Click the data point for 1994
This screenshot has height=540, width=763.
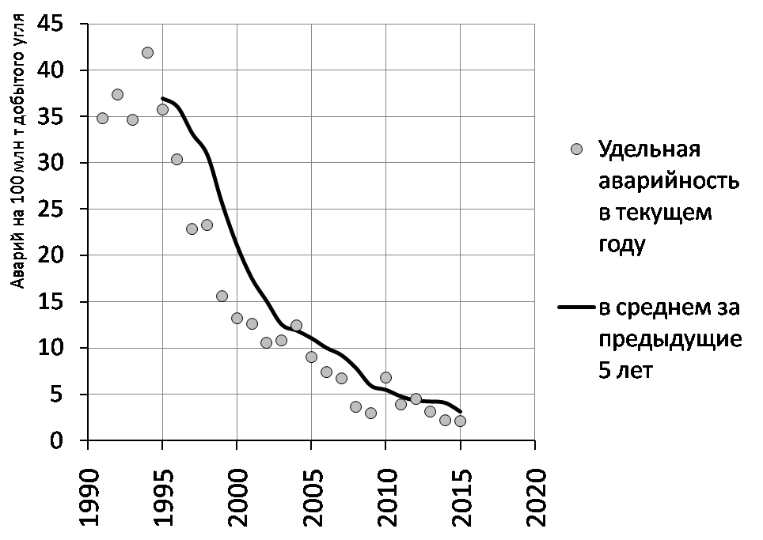[147, 52]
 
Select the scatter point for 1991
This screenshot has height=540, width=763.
[102, 118]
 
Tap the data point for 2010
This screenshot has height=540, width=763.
[386, 377]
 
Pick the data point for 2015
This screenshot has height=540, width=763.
[461, 421]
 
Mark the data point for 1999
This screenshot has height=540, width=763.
[222, 296]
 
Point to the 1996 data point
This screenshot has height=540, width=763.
[177, 160]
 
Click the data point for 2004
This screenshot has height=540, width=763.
[296, 325]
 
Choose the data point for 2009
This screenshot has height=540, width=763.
[370, 413]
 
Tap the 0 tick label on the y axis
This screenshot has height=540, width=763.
[57, 440]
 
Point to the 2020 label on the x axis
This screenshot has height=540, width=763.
[536, 498]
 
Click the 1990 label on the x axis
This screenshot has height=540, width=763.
[89, 498]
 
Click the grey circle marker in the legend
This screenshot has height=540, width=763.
[577, 149]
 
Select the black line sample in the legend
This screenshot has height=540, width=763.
[577, 308]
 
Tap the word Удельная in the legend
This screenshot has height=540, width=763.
[649, 149]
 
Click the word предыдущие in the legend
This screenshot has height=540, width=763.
[670, 338]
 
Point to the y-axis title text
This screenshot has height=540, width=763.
[18, 152]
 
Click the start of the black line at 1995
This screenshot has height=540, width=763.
[162, 98]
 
